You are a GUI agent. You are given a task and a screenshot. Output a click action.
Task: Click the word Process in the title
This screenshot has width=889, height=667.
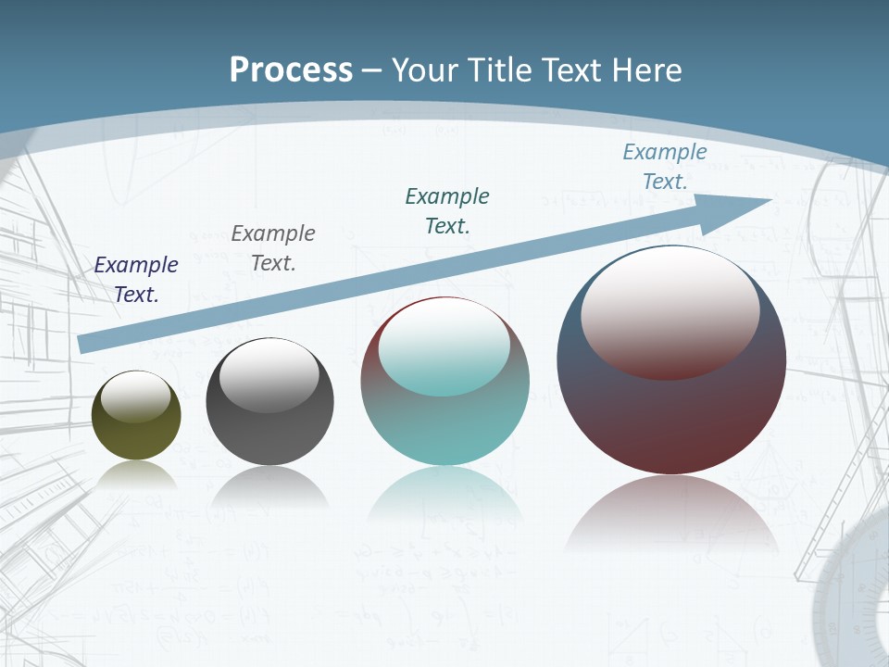[x=291, y=70]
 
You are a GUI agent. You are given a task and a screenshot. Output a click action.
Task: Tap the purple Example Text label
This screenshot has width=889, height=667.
[x=136, y=280]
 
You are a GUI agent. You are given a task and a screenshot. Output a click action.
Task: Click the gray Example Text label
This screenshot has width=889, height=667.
[x=273, y=248]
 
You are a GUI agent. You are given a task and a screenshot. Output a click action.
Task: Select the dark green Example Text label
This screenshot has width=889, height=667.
[x=447, y=210]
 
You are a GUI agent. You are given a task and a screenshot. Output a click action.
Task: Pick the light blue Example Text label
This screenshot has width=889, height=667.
[x=665, y=167]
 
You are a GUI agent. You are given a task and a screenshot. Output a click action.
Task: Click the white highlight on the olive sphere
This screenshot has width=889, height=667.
[x=135, y=396]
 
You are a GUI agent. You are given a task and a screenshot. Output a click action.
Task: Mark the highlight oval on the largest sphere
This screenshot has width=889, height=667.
[x=670, y=312]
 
